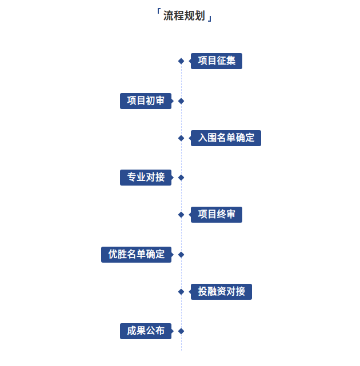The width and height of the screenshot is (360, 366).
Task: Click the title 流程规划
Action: point(183,16)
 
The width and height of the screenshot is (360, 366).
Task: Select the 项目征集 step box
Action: point(217,61)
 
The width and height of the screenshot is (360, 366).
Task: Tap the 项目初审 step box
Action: point(146,101)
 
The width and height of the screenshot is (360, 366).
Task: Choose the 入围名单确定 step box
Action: point(226,138)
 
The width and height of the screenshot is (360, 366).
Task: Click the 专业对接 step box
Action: point(146,178)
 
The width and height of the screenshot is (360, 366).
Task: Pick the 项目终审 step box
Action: point(217,215)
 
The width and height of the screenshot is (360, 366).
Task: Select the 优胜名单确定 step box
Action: point(136,254)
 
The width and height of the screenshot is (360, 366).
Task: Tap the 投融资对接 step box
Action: point(221,291)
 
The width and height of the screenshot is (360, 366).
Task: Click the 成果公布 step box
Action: point(146,331)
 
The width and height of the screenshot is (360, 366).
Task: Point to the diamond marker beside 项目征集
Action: point(181,61)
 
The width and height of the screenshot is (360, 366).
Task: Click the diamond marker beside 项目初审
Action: point(181,101)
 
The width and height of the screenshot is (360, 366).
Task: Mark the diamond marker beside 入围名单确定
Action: point(181,138)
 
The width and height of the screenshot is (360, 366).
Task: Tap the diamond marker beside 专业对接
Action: point(181,178)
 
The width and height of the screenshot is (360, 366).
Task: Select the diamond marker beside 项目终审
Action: point(181,215)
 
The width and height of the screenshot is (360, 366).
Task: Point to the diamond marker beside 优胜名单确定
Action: point(181,255)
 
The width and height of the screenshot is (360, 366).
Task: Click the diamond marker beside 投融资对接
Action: point(181,292)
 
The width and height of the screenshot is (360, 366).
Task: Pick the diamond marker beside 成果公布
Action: point(181,331)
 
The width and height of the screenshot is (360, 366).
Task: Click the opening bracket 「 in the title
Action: point(158,14)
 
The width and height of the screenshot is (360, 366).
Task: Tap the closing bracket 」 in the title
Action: point(210,18)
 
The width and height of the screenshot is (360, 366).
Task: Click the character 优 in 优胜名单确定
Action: point(113,254)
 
